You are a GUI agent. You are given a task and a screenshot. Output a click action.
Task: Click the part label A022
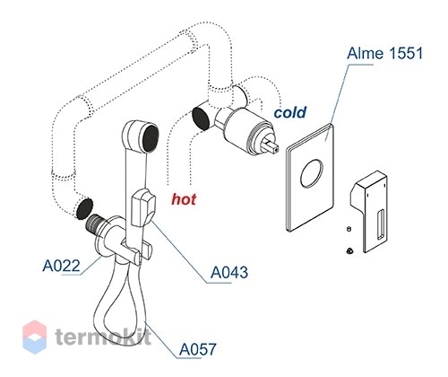pyautogui.click(x=62, y=266)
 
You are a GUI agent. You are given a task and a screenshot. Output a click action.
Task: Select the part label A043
pyautogui.click(x=229, y=272)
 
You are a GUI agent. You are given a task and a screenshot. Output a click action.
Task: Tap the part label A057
pyautogui.click(x=198, y=349)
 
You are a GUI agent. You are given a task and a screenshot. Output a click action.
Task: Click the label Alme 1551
pyautogui.click(x=385, y=54)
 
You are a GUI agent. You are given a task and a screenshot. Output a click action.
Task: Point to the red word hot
pyautogui.click(x=184, y=199)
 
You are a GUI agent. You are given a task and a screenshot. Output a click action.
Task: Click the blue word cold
pyautogui.click(x=290, y=112)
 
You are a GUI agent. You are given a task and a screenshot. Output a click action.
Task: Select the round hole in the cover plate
pyautogui.click(x=312, y=173)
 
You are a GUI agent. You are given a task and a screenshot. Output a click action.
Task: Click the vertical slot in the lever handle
pyautogui.click(x=381, y=224)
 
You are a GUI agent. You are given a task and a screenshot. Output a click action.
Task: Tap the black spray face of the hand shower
pyautogui.click(x=150, y=138)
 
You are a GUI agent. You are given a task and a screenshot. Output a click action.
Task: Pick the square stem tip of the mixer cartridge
pyautogui.click(x=272, y=145)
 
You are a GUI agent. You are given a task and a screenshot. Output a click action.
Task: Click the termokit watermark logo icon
pyautogui.click(x=35, y=337)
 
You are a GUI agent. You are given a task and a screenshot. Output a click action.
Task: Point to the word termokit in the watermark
pyautogui.click(x=103, y=337)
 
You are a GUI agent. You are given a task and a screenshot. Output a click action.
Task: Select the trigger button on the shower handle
pyautogui.click(x=143, y=208)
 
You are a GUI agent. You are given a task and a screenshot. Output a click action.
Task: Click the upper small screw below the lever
pyautogui.click(x=349, y=229)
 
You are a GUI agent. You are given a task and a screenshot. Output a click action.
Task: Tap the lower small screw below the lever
pyautogui.click(x=349, y=250)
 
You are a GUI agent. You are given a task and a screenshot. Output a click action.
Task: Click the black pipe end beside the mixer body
pyautogui.click(x=201, y=118)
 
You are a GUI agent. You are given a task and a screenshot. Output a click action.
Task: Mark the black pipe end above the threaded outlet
pyautogui.click(x=84, y=208)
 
